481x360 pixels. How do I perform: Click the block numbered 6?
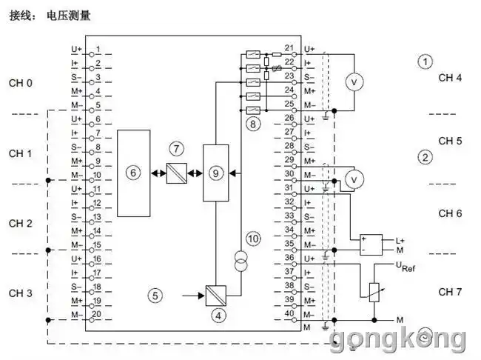click(133, 173)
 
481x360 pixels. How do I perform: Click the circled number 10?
click(253, 238)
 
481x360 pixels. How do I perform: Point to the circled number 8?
click(253, 124)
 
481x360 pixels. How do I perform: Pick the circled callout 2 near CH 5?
click(424, 157)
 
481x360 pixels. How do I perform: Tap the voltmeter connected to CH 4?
click(354, 81)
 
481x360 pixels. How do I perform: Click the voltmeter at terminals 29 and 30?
click(354, 179)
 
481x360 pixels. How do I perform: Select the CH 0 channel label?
click(21, 82)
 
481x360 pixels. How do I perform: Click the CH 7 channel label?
click(450, 291)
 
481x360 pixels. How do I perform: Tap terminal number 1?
click(98, 49)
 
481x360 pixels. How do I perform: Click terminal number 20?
click(97, 314)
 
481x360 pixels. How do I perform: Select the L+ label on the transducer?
click(400, 240)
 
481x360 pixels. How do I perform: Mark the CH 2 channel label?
click(21, 223)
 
